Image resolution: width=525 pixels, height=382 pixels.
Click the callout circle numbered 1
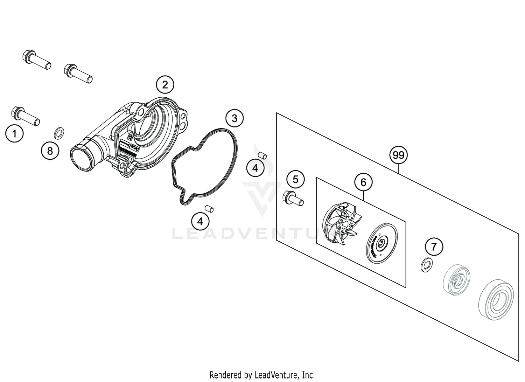click(14, 133)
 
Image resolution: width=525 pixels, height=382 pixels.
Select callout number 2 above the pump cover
click(165, 84)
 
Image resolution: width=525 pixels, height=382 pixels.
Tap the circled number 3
click(234, 118)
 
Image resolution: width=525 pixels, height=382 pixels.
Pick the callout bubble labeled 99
click(398, 155)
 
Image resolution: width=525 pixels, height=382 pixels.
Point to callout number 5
click(295, 180)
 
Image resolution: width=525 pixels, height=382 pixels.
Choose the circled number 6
click(363, 182)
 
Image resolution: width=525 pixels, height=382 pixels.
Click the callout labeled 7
click(434, 247)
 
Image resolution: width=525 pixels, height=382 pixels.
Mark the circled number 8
click(50, 151)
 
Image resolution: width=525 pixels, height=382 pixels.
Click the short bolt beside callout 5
click(294, 199)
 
